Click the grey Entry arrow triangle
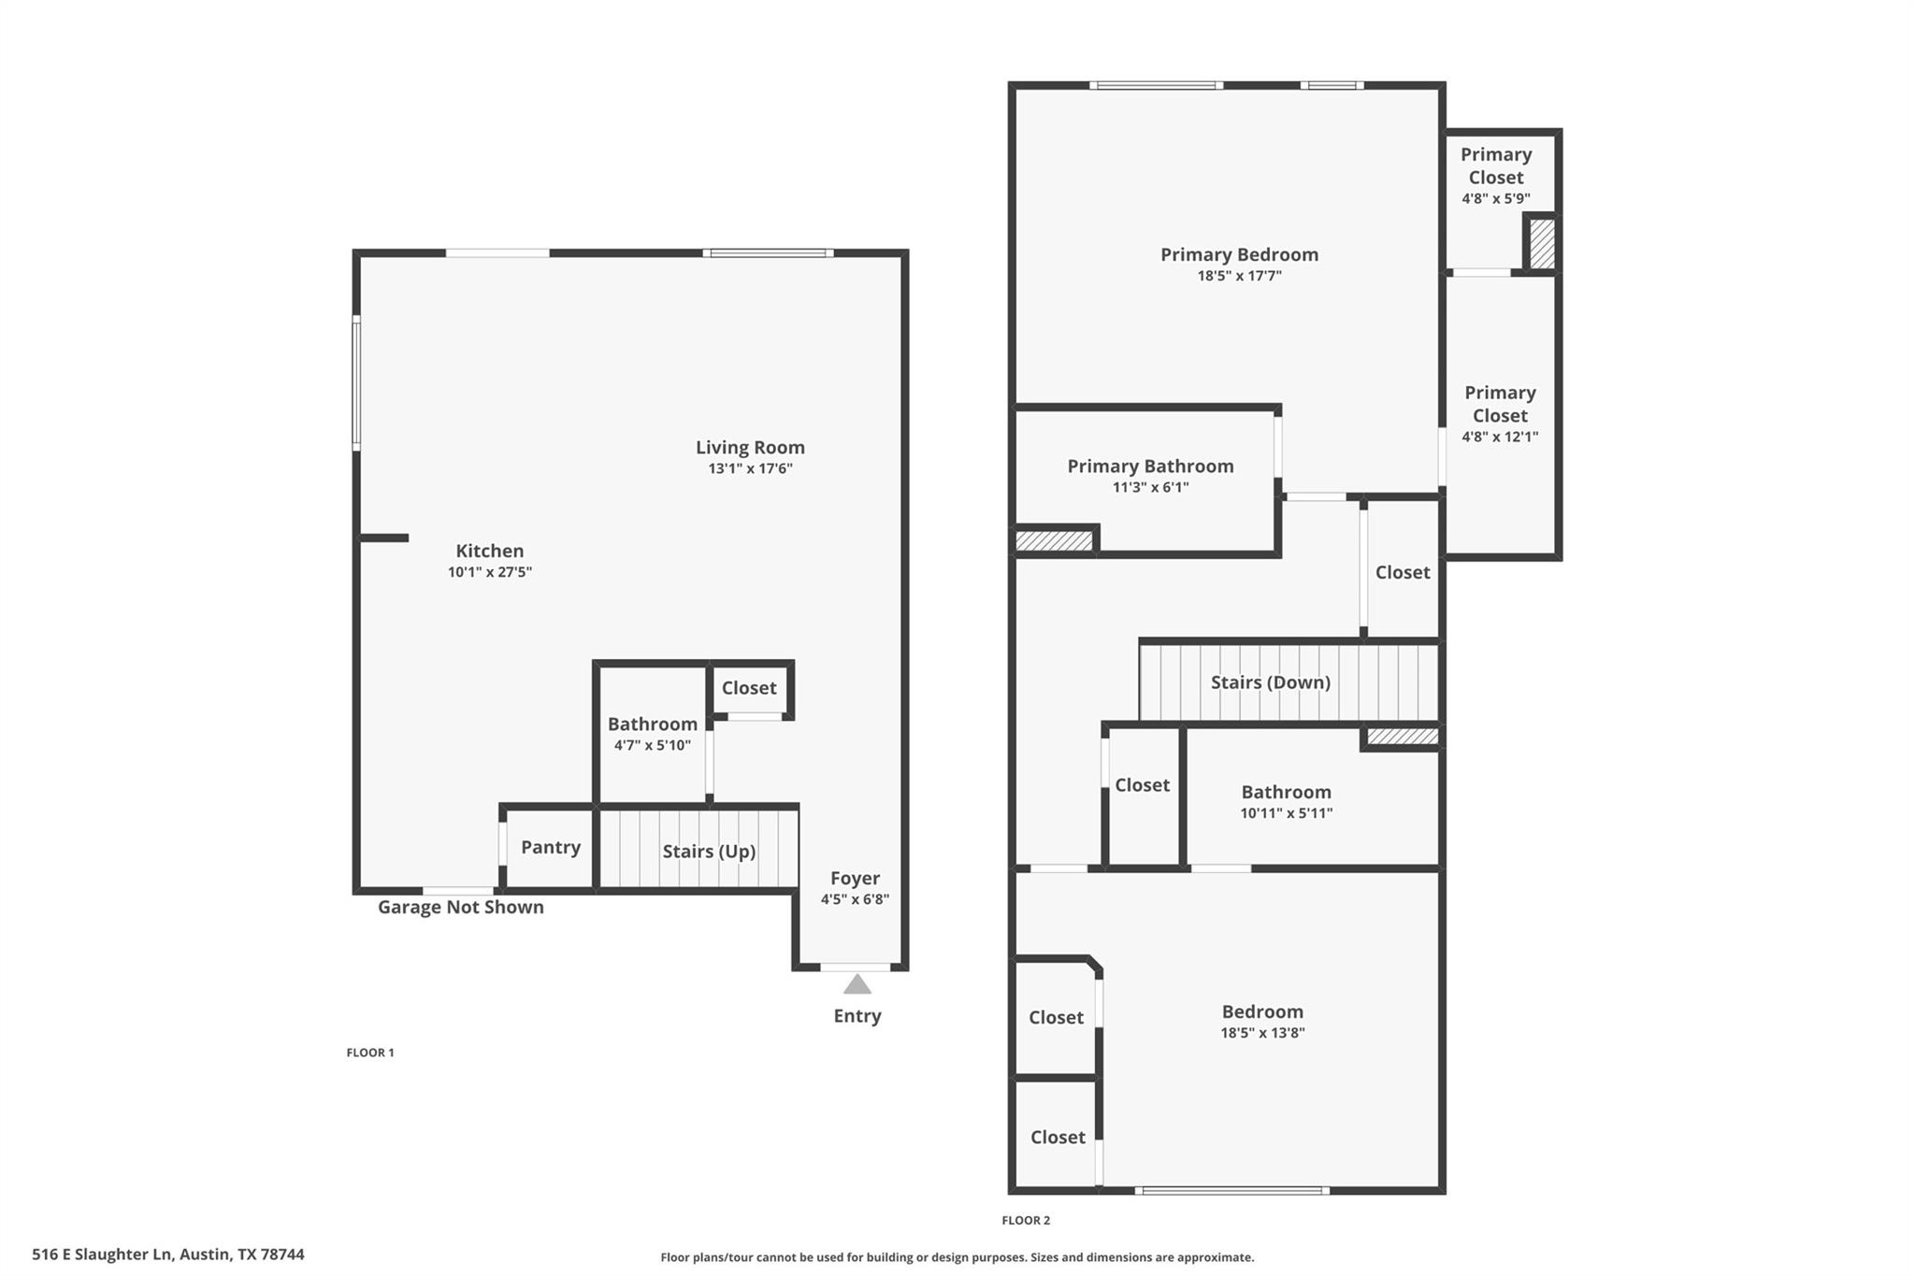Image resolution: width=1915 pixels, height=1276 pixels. tap(857, 984)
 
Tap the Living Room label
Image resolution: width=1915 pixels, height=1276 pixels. tap(750, 448)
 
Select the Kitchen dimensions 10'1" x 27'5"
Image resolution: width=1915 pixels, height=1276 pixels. tap(489, 572)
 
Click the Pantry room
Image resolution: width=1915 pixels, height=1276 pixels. tap(550, 847)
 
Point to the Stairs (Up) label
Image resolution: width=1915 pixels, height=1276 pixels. tap(709, 852)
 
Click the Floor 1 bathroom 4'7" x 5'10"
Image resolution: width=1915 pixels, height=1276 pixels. tap(652, 733)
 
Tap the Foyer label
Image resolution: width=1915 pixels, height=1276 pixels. tap(855, 878)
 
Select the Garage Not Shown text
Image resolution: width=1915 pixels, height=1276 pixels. tap(460, 907)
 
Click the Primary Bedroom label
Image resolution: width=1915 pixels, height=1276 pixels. tap(1239, 254)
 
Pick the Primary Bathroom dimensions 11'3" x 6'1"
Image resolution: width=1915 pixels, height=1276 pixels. tap(1150, 487)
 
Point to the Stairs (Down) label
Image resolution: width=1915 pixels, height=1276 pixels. tap(1270, 682)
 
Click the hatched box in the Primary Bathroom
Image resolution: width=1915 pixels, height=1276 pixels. tap(1054, 540)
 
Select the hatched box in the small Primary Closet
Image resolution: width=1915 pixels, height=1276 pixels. tap(1542, 243)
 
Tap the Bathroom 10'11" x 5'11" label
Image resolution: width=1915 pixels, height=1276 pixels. tap(1286, 792)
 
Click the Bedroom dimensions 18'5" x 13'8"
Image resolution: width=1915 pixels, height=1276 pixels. tap(1262, 1033)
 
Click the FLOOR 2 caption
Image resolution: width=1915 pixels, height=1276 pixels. tap(1026, 1220)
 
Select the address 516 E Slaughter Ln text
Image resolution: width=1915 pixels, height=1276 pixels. tap(168, 1254)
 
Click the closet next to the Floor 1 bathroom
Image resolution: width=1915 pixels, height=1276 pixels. tap(748, 688)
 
